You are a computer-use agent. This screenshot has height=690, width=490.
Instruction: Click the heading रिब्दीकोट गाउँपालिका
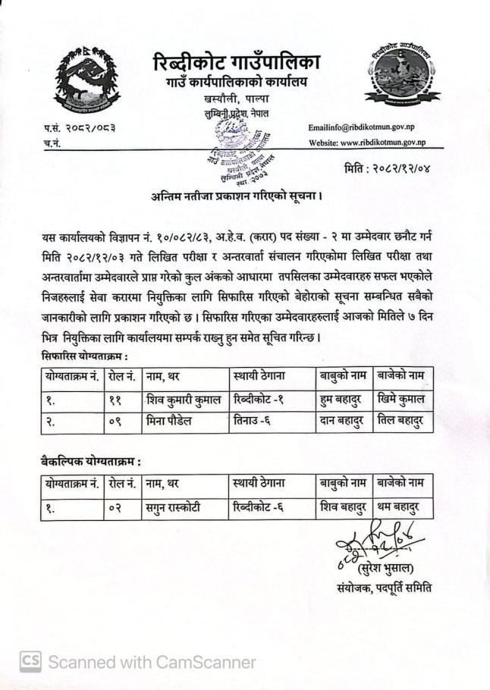[x=236, y=62]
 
